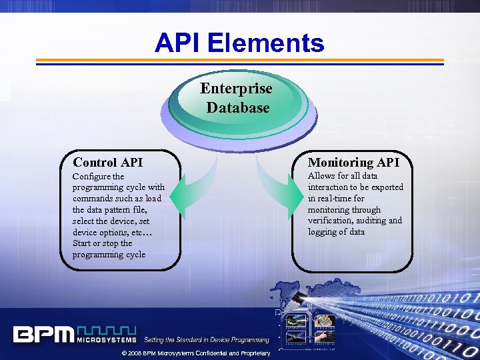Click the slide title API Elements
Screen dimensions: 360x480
pos(239,43)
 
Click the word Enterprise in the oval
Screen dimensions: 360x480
pos(237,89)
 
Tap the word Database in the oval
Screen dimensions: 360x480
pos(238,107)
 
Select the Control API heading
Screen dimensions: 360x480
pos(108,162)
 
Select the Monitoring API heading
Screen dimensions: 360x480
pos(353,162)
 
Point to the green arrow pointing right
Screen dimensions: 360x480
pos(281,201)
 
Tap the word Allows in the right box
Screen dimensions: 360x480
pos(322,176)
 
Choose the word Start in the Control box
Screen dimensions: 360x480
pos(83,243)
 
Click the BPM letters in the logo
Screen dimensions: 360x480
pos(43,333)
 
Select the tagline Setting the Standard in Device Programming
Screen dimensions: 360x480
pos(207,340)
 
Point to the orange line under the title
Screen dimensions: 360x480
pos(239,60)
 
